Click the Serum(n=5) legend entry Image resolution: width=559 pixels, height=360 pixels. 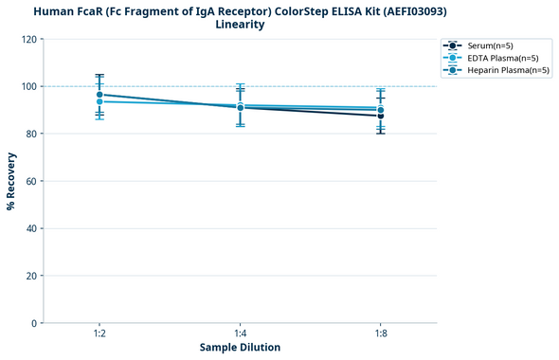click(490, 45)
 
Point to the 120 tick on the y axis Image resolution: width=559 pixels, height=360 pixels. click(29, 39)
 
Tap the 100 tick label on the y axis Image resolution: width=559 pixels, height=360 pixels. click(29, 86)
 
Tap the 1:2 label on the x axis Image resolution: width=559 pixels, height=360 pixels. click(99, 334)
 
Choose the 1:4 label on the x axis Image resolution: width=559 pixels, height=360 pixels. click(240, 334)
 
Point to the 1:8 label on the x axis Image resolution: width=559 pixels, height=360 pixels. click(381, 334)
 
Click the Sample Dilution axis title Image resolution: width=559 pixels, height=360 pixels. click(240, 348)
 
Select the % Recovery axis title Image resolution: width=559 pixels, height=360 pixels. click(11, 181)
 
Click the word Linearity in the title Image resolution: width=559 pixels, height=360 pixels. click(240, 25)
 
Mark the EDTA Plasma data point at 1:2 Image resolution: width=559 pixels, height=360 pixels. click(99, 101)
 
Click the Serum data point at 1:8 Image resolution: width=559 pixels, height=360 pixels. click(381, 116)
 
